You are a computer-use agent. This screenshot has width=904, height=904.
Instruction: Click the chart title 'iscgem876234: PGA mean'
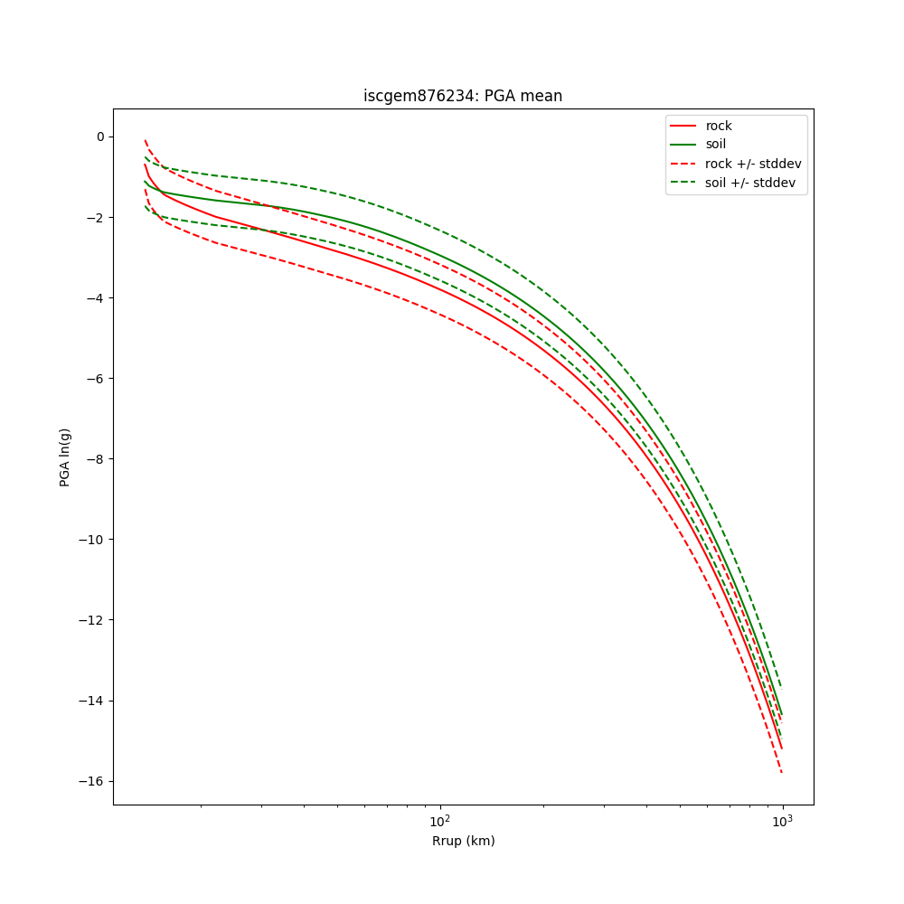pos(463,96)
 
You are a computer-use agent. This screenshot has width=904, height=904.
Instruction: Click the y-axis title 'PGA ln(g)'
pos(65,457)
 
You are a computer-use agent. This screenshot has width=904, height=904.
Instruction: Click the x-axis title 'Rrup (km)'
pos(463,841)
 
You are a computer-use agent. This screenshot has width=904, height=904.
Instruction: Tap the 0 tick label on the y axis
pos(99,137)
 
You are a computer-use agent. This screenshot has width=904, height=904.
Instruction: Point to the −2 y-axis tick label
pos(95,217)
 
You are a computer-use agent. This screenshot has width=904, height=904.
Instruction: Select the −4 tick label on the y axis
pos(95,298)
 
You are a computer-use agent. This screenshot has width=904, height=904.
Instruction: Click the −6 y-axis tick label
pos(95,379)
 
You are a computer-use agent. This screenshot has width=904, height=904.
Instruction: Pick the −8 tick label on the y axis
pos(95,459)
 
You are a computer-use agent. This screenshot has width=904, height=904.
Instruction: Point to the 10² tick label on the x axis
pos(439,820)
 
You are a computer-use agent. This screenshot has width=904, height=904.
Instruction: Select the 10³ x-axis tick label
pos(782,820)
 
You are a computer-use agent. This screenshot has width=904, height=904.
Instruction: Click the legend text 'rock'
pos(719,126)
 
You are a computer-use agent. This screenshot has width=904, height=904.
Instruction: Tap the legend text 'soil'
pos(716,145)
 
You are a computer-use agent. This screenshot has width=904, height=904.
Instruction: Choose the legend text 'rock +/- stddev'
pos(753,164)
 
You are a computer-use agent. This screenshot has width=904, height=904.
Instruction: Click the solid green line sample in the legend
pos(683,145)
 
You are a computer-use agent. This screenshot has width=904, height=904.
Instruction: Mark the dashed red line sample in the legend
pos(683,164)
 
